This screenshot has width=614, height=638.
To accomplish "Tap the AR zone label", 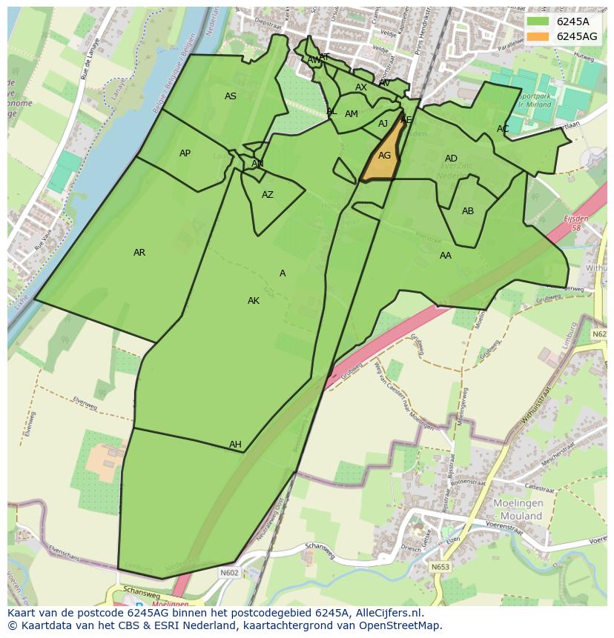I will [x=139, y=253].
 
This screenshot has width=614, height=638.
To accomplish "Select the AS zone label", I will [x=231, y=96].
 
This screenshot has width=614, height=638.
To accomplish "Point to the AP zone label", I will [x=185, y=153].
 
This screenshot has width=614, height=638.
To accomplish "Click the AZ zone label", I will [x=268, y=195].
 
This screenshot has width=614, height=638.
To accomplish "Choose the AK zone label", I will [x=254, y=301].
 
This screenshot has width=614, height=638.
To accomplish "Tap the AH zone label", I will [x=235, y=445].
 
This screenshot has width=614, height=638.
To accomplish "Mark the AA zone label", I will [x=445, y=256].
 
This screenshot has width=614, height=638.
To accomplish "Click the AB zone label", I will [x=468, y=211].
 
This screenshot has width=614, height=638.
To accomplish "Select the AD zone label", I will [x=451, y=159].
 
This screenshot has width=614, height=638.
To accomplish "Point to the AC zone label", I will [x=503, y=129].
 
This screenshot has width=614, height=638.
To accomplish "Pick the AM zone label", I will [x=351, y=114].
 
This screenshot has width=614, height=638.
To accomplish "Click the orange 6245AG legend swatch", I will [x=538, y=36].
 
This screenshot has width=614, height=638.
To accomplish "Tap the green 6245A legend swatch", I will [x=538, y=21].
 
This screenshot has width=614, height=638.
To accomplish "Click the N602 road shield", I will [x=229, y=572].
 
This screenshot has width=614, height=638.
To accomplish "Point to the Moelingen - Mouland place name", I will [x=518, y=509].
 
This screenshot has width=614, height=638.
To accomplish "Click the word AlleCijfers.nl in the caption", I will [x=389, y=613].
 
